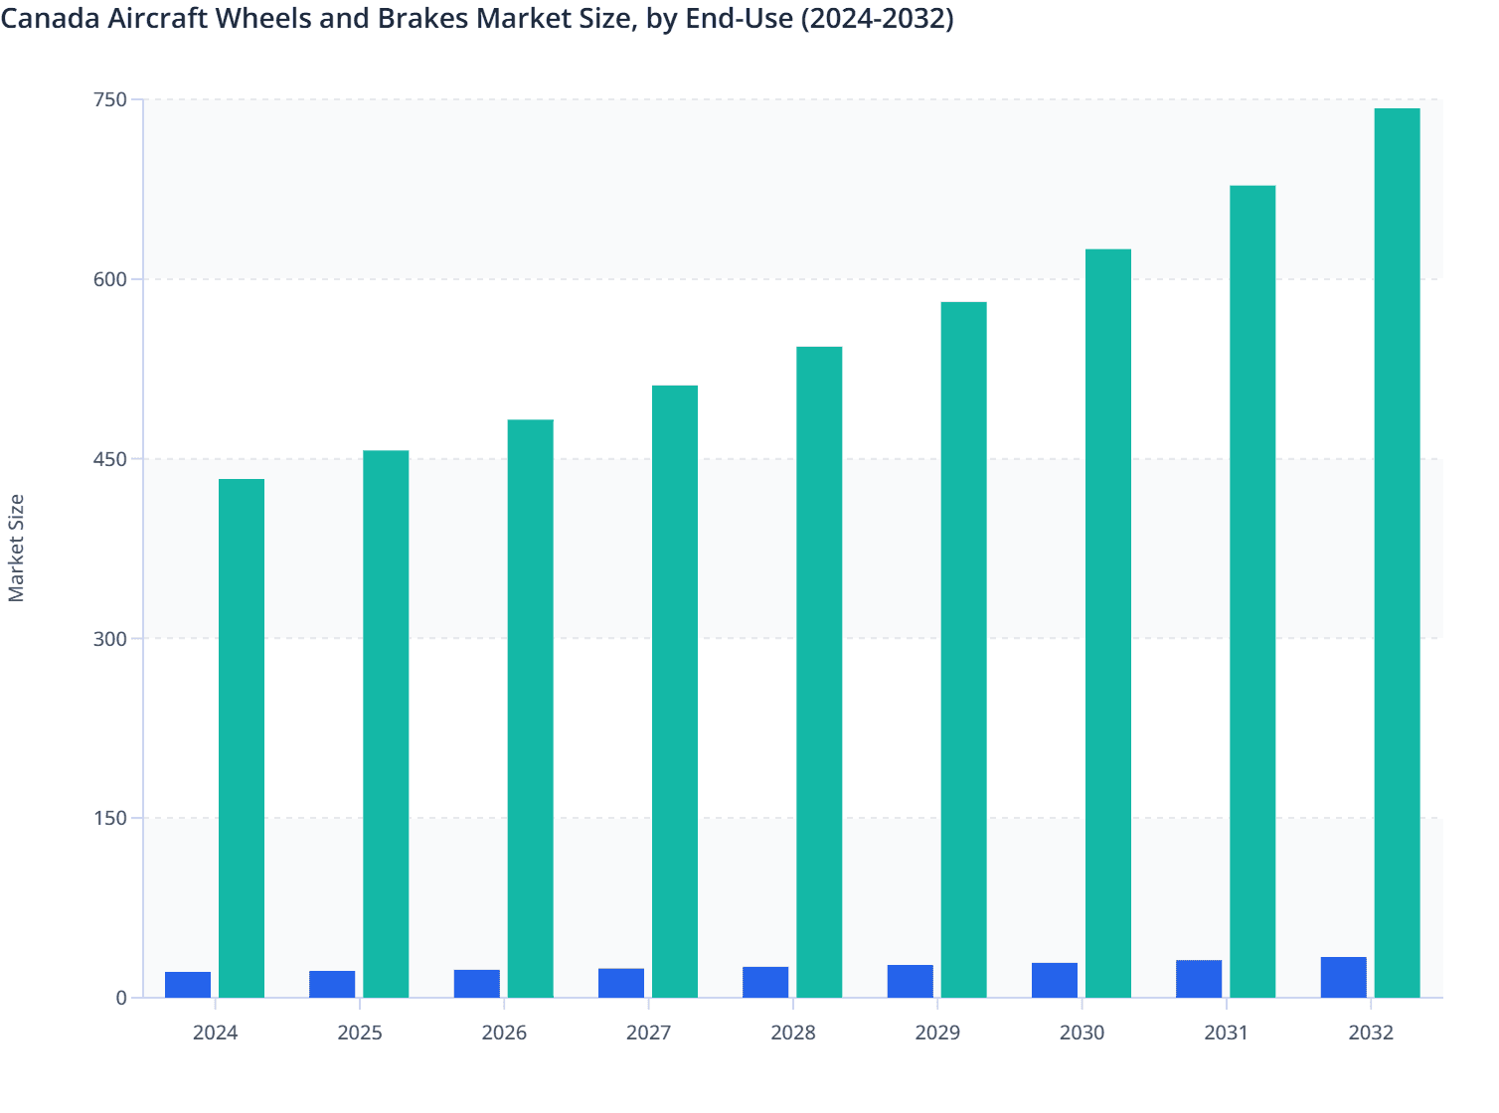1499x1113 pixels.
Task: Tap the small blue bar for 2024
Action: pos(188,985)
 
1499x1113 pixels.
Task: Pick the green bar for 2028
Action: pos(819,672)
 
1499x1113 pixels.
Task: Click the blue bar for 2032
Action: pos(1343,977)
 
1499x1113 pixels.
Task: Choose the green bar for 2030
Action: pos(1108,623)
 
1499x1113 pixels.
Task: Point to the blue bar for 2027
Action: pos(621,983)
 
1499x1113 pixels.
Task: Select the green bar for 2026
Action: pos(531,709)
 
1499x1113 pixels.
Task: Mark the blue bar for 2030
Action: pos(1055,980)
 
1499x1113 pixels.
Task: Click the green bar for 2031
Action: pos(1252,591)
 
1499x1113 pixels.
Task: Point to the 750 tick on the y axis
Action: pos(110,99)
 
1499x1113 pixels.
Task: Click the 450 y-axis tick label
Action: pos(110,459)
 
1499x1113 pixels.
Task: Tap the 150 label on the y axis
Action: pos(110,819)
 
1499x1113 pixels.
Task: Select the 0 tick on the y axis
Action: pos(121,998)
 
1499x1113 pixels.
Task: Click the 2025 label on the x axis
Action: pos(360,1033)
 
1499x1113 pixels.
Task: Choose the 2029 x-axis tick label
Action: pos(937,1033)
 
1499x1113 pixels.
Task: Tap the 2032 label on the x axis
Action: pos(1371,1033)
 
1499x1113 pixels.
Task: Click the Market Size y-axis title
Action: pos(16,548)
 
